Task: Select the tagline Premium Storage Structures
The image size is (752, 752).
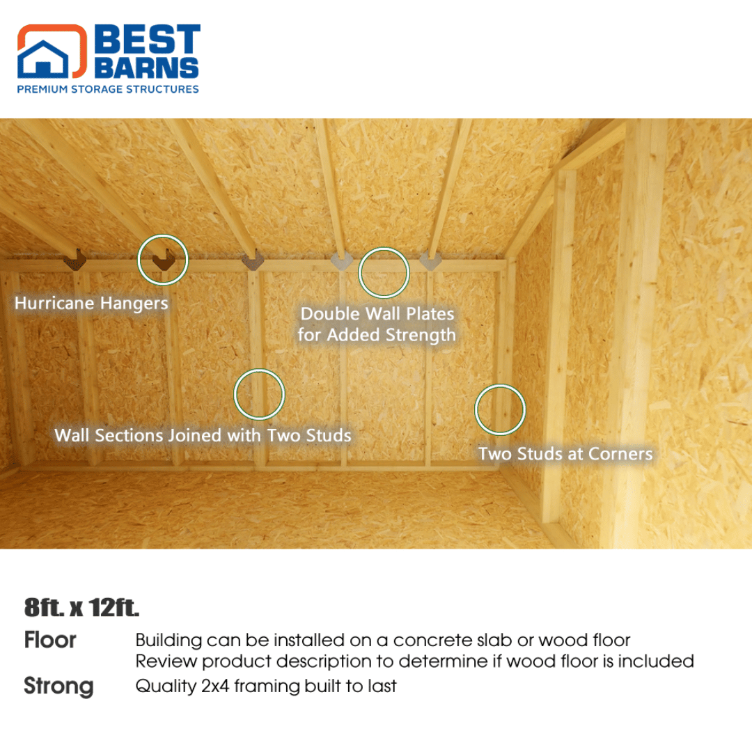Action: (x=108, y=89)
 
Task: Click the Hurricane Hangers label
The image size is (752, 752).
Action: (x=91, y=304)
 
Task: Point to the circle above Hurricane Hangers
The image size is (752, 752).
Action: (x=163, y=259)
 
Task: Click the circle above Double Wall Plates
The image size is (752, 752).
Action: (x=384, y=272)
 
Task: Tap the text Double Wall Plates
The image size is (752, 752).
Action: (x=377, y=314)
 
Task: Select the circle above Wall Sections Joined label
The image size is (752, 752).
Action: (x=259, y=394)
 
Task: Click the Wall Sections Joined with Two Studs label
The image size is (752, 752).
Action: (x=203, y=436)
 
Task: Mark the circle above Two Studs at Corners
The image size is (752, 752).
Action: (x=500, y=409)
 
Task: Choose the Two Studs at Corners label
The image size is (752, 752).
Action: (x=565, y=454)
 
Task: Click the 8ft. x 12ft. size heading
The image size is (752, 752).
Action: (x=82, y=608)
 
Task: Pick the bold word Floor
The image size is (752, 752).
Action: (x=50, y=640)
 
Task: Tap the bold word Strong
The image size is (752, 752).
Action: (x=58, y=687)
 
